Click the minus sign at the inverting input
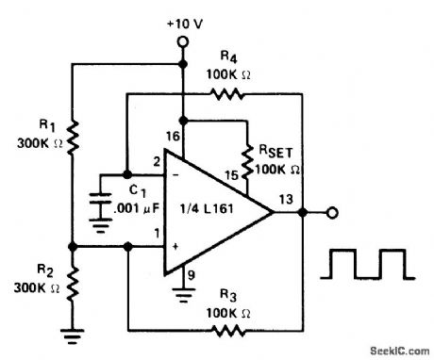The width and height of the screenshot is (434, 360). click(175, 175)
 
